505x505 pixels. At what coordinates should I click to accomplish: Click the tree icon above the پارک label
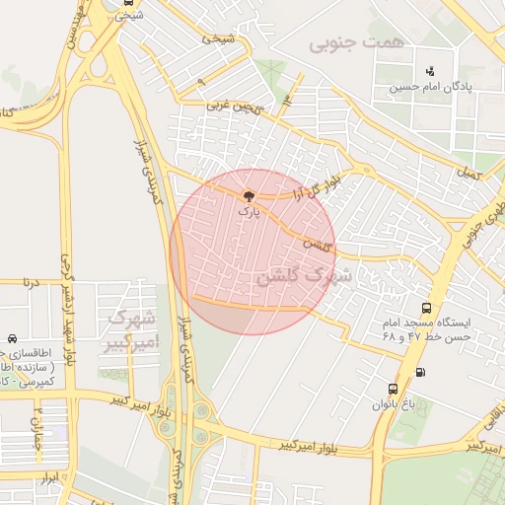[x=248, y=196]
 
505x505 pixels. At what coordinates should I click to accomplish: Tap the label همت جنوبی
[x=342, y=44]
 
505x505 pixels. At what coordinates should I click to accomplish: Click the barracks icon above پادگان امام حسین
[x=429, y=71]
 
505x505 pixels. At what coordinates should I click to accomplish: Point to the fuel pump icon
[x=422, y=372]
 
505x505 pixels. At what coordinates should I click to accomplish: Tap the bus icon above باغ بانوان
[x=394, y=389]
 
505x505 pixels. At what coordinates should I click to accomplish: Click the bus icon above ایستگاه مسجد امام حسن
[x=425, y=308]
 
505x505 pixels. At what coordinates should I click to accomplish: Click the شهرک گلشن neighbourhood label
[x=304, y=276]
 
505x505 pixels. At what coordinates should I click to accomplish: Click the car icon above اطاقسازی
[x=11, y=338]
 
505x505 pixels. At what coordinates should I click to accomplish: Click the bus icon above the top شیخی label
[x=126, y=2]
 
